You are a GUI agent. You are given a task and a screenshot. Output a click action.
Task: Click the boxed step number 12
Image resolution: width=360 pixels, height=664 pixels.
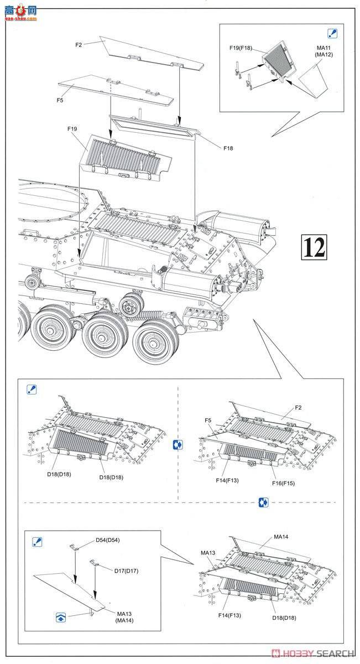pyautogui.click(x=314, y=247)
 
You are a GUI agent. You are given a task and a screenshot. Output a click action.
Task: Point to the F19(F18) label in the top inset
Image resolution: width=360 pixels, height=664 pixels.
pyautogui.click(x=241, y=48)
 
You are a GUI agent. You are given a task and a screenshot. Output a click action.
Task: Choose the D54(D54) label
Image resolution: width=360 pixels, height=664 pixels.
pyautogui.click(x=107, y=540)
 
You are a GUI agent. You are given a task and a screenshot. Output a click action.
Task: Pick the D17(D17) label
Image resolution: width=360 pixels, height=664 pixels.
pyautogui.click(x=126, y=570)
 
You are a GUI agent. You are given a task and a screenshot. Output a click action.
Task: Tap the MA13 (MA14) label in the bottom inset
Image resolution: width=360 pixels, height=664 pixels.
pyautogui.click(x=125, y=616)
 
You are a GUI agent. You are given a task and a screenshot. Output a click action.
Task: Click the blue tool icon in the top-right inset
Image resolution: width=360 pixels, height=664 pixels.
pyautogui.click(x=333, y=34)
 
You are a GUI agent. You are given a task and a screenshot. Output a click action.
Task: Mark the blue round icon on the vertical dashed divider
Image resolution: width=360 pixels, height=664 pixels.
pyautogui.click(x=178, y=444)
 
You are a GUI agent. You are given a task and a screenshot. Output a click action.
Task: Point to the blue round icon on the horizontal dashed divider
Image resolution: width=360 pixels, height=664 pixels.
pyautogui.click(x=263, y=502)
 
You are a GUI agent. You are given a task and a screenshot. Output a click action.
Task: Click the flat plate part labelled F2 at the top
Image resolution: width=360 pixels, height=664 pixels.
pyautogui.click(x=144, y=52)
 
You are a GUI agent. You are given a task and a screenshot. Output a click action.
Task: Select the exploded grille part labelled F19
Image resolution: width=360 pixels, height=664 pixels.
pyautogui.click(x=127, y=158)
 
